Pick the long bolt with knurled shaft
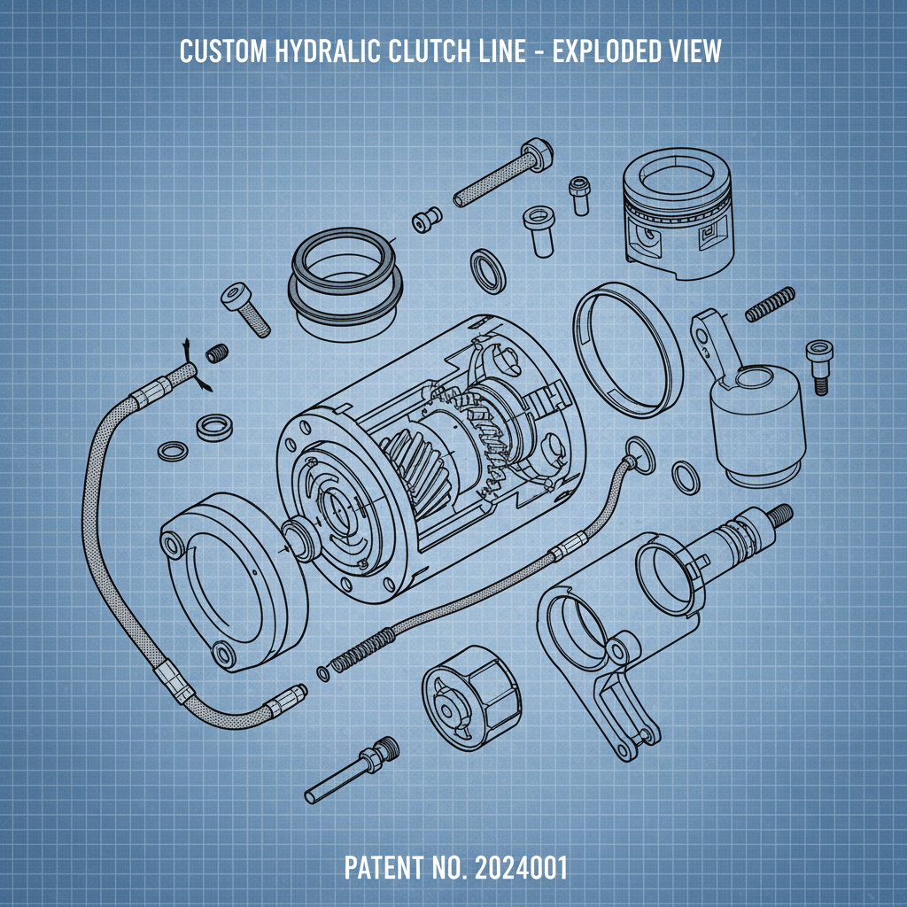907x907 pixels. point(500,174)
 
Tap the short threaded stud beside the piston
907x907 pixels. point(766,305)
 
